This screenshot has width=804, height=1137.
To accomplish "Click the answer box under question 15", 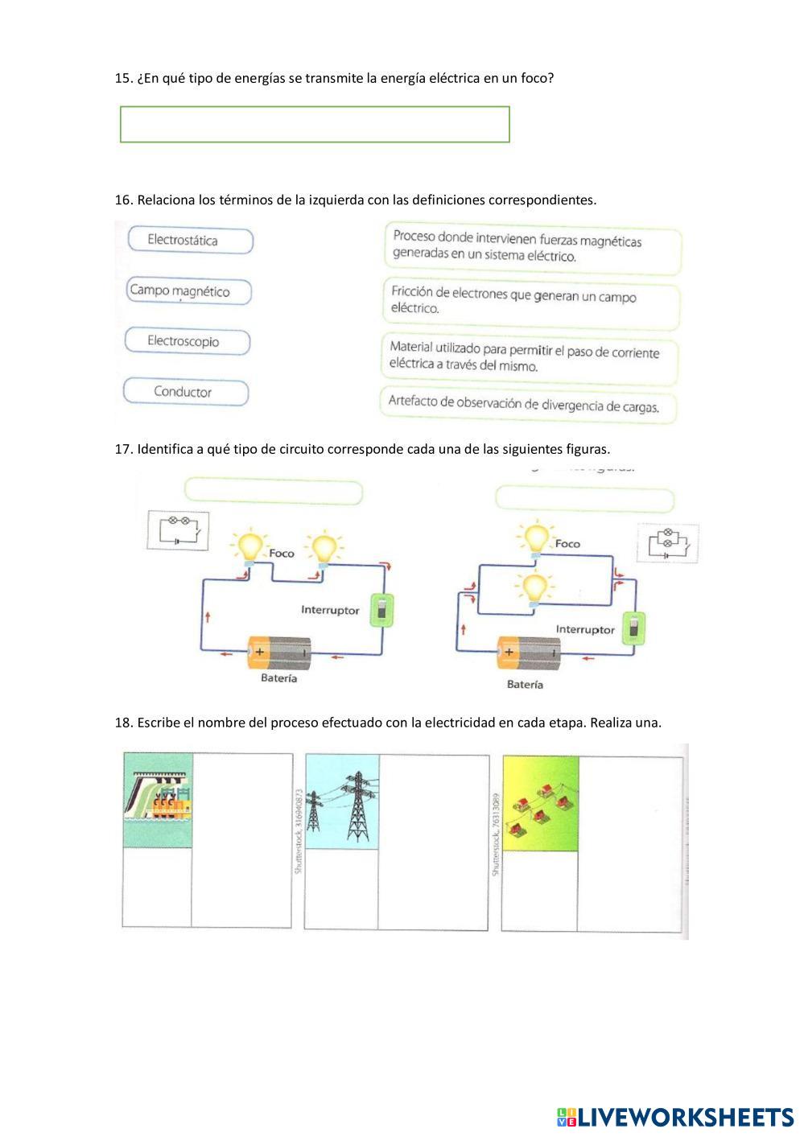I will click(x=315, y=125).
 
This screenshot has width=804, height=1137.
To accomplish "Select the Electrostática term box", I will click(x=191, y=241).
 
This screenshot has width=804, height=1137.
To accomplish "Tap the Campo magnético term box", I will click(x=190, y=291).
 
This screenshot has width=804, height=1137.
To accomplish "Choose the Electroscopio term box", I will click(x=188, y=341).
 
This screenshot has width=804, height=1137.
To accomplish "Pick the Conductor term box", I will click(x=186, y=392).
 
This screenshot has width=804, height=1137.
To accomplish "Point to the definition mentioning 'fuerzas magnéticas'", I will click(x=532, y=248).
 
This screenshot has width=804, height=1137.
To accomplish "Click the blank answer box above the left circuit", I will click(x=274, y=491).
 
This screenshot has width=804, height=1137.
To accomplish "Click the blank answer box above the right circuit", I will click(x=584, y=499).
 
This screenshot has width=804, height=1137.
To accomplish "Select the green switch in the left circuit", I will click(x=381, y=610).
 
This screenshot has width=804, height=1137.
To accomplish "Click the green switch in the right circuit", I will click(x=635, y=628).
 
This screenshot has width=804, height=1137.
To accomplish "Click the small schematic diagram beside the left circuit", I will click(x=179, y=530).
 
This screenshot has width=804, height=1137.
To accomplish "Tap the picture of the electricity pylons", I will click(x=342, y=801).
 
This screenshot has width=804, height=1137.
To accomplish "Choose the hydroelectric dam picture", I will click(x=159, y=800).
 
